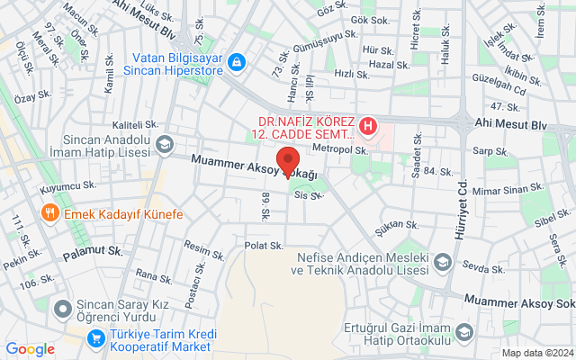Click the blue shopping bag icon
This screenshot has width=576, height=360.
pyautogui.click(x=236, y=62)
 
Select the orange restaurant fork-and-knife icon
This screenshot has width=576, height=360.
pyautogui.click(x=49, y=214)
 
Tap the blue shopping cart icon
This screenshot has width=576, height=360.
pyautogui.click(x=95, y=337)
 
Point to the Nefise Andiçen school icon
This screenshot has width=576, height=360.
pyautogui.click(x=442, y=261)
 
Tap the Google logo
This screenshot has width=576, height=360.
pyautogui.click(x=30, y=349)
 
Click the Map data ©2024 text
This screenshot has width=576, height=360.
pyautogui.click(x=536, y=353)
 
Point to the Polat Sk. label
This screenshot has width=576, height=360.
pyautogui.click(x=265, y=245)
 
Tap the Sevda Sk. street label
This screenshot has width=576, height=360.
pyautogui.click(x=485, y=269)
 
